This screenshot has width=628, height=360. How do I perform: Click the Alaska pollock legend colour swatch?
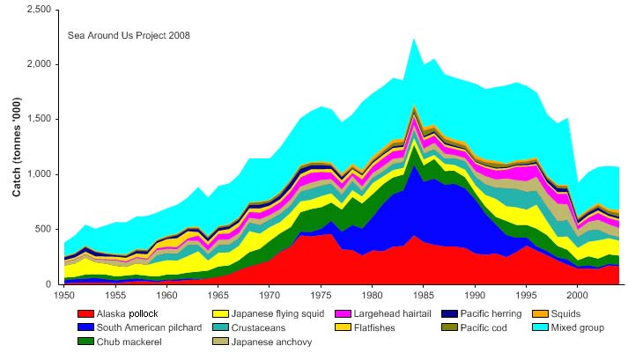[85, 314]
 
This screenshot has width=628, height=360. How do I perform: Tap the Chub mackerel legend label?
[129, 342]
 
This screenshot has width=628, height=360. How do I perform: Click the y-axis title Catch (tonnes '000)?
[16, 146]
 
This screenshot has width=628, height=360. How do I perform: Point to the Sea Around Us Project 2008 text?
[129, 36]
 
